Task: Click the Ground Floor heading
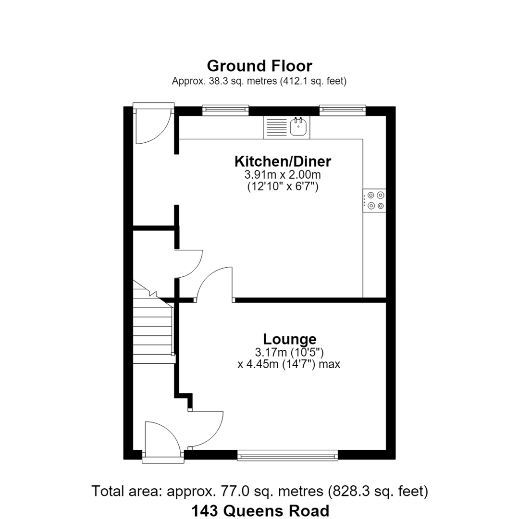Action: click(259, 66)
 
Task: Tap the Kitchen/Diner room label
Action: click(283, 161)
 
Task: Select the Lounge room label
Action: click(290, 339)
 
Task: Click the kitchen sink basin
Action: click(298, 127)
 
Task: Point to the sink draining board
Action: click(276, 127)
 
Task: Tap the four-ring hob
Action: click(374, 200)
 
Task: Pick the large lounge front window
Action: click(288, 456)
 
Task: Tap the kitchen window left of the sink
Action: click(225, 110)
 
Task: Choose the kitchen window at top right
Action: click(343, 110)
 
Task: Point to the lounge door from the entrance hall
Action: click(206, 429)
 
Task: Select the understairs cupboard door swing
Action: click(189, 264)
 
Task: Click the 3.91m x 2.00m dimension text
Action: click(283, 174)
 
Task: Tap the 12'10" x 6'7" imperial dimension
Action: click(283, 187)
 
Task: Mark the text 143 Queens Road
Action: click(260, 510)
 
